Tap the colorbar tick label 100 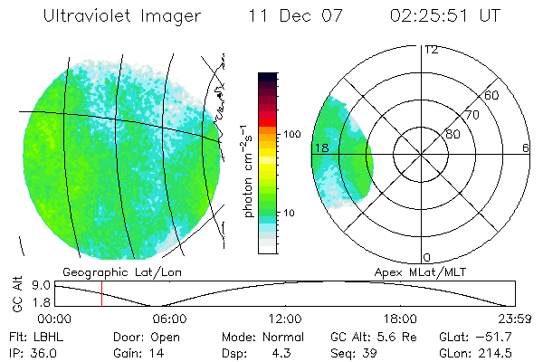point(291,134)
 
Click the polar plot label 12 point(431,50)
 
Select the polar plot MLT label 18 point(320,148)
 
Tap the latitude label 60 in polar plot point(492,95)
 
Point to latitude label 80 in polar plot point(452,134)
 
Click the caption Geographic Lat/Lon point(110,271)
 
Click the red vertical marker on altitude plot point(102,292)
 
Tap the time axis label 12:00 point(285,319)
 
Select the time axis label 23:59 point(514,319)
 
